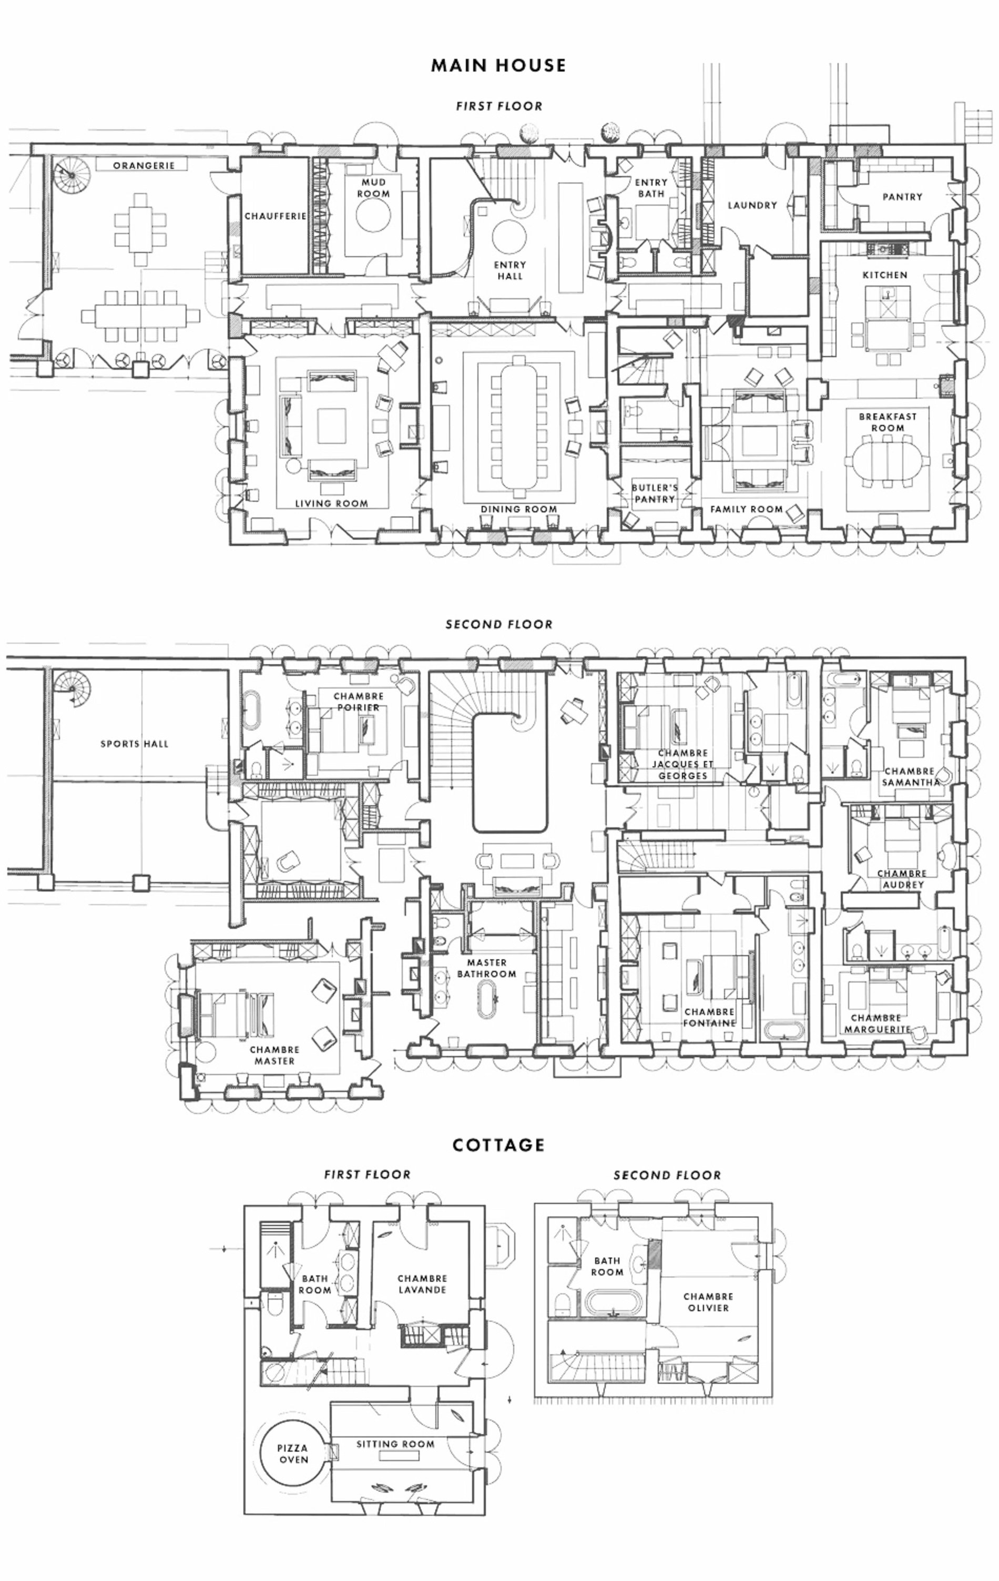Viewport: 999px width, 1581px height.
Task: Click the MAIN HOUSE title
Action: tap(498, 65)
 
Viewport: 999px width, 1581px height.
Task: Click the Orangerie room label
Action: tap(144, 166)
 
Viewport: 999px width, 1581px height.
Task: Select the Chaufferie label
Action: tap(276, 216)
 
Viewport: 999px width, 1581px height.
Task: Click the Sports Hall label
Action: tap(135, 744)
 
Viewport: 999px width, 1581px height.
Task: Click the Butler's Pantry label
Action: tap(655, 493)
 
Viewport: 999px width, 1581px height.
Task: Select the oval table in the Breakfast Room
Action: tap(888, 460)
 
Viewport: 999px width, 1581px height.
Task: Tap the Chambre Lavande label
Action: tap(422, 1284)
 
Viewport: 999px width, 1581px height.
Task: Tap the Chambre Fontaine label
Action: tap(709, 1017)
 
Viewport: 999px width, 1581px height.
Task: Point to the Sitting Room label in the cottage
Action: tap(395, 1444)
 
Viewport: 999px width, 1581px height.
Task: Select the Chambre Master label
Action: tap(274, 1055)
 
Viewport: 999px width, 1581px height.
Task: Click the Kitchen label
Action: tap(885, 275)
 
